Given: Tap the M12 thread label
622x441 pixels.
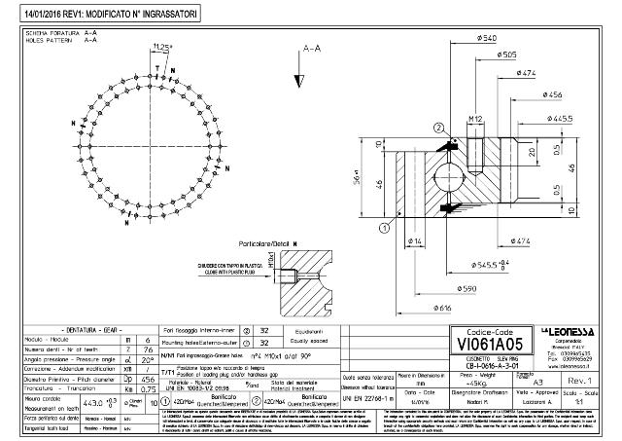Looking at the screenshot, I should coord(476,119).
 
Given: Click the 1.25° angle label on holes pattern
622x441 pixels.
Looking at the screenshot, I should coord(163,47).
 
